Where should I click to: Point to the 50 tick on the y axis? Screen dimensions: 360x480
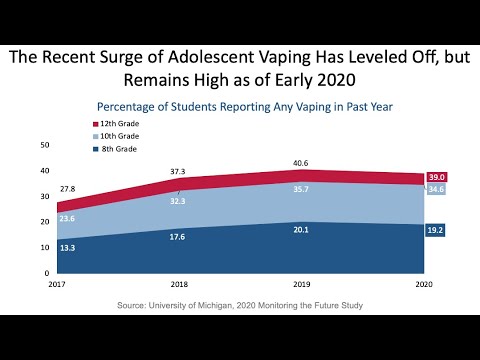[44, 145]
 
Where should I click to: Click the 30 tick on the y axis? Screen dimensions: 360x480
[44, 196]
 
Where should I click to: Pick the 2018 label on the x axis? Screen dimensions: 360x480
[178, 284]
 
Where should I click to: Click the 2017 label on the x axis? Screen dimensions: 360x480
[56, 284]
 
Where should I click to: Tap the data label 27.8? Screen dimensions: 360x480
[68, 188]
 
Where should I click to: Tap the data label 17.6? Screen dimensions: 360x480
[177, 237]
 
